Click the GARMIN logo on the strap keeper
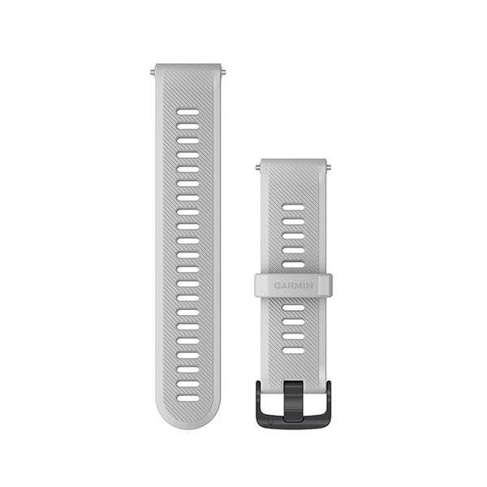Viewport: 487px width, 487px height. [293, 286]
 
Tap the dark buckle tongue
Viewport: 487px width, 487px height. [293, 401]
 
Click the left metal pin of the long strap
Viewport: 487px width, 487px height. [153, 73]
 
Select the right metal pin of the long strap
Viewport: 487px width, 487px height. [223, 73]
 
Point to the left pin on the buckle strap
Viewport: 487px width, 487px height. [258, 168]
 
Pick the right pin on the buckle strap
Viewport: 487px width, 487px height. [329, 168]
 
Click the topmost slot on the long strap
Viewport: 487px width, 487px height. [188, 112]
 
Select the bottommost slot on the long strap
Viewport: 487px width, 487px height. [188, 399]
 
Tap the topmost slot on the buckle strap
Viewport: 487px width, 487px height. [294, 207]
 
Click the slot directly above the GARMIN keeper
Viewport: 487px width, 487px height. [294, 265]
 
